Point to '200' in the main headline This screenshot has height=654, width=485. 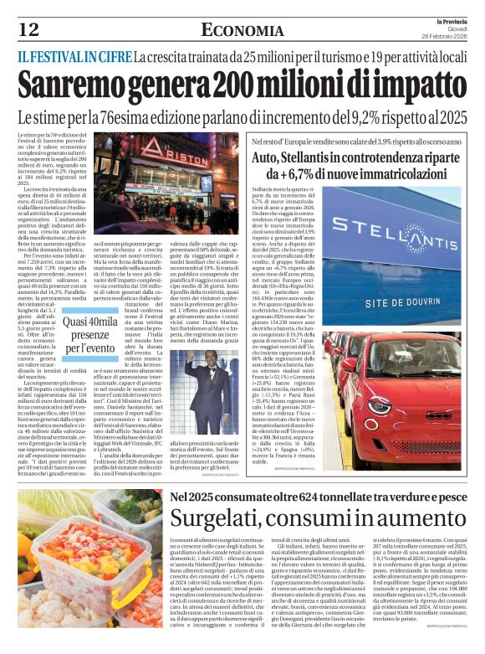(236, 87)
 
